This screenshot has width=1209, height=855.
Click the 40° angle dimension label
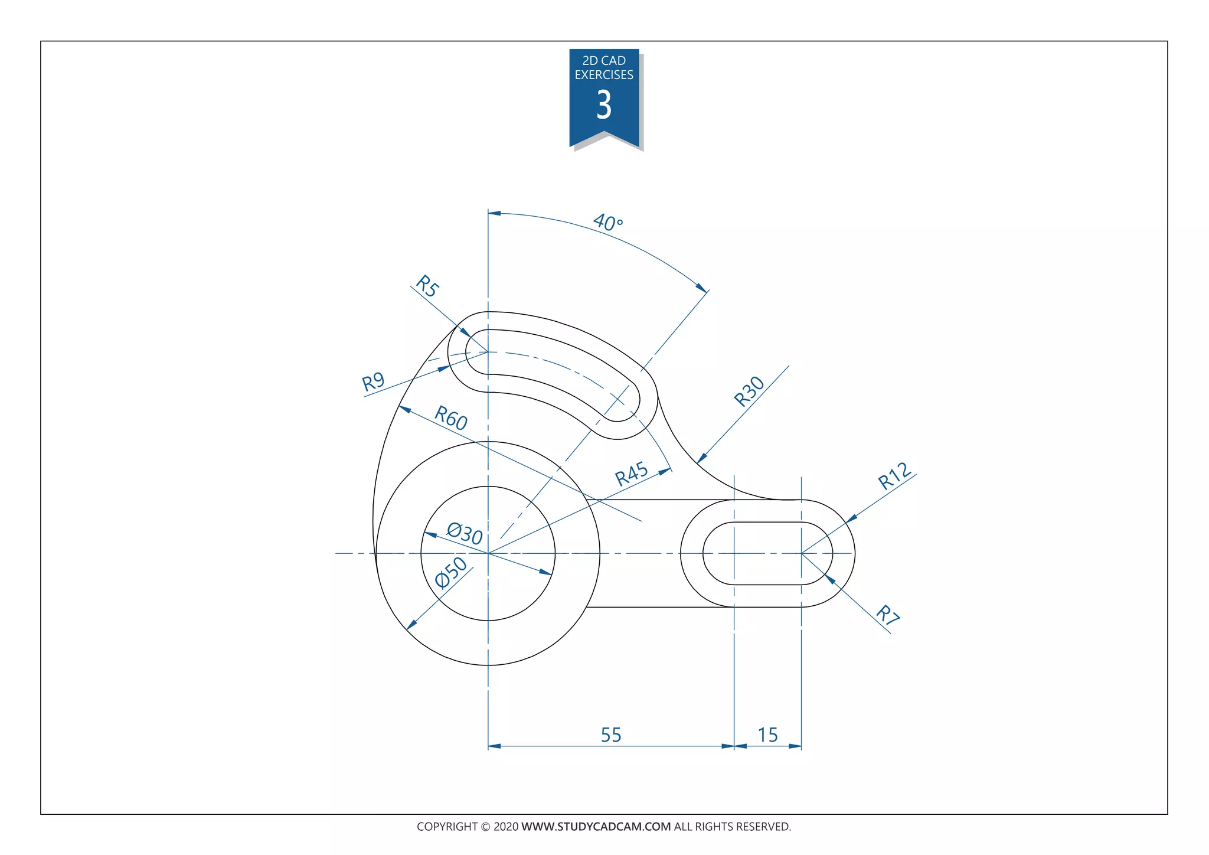(x=607, y=223)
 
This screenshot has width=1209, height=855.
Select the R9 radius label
(x=373, y=382)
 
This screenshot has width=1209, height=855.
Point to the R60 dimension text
(x=451, y=418)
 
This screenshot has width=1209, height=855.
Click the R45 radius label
(x=632, y=474)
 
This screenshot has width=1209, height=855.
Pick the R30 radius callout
(x=749, y=391)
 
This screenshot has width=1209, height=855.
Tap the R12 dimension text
(x=895, y=476)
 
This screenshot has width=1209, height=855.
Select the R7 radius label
(x=887, y=615)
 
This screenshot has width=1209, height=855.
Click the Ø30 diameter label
(x=465, y=533)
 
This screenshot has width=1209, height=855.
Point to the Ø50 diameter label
(x=451, y=572)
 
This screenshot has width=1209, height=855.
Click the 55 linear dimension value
(x=611, y=735)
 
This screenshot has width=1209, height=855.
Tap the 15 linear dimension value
(x=767, y=735)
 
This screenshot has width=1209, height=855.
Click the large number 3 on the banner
(x=603, y=105)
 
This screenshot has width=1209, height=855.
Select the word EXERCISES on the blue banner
(x=604, y=75)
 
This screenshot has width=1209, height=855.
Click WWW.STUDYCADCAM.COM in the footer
(x=596, y=827)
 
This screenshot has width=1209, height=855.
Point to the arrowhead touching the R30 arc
(x=701, y=459)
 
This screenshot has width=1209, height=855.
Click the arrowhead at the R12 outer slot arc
(x=851, y=519)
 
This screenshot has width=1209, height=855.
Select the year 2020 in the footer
(x=506, y=827)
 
